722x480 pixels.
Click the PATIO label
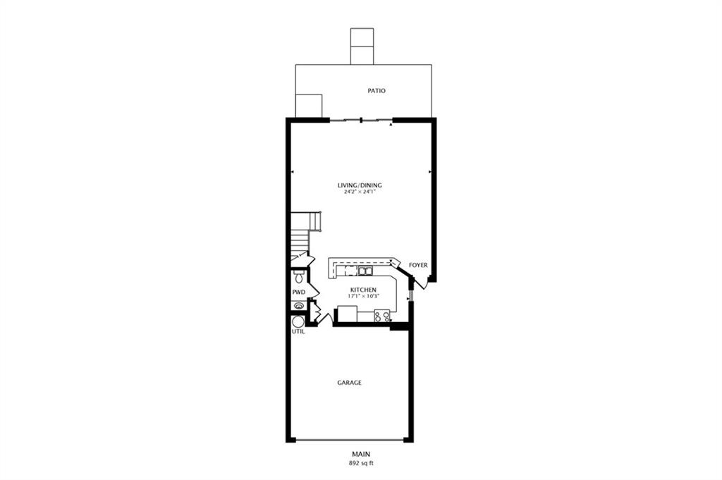click(x=377, y=91)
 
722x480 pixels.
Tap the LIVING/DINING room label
click(x=360, y=185)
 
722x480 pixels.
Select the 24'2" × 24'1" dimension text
click(x=360, y=192)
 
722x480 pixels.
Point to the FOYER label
click(x=418, y=265)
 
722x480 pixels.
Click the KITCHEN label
click(x=363, y=290)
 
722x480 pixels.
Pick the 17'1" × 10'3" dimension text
click(x=363, y=296)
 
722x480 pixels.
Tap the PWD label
click(x=299, y=293)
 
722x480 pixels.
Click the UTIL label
click(x=298, y=331)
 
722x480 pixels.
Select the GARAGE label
click(x=350, y=383)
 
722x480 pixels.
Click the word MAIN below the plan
click(x=361, y=454)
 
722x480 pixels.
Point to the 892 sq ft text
click(x=361, y=463)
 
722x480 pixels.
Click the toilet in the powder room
click(x=299, y=277)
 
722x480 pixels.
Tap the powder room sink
click(x=299, y=306)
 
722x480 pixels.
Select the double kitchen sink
click(x=366, y=271)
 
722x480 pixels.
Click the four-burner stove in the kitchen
click(x=382, y=316)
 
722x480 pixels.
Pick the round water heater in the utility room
click(x=298, y=321)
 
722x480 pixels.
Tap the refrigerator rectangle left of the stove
click(x=347, y=314)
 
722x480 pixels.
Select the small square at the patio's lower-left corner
click(x=309, y=106)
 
